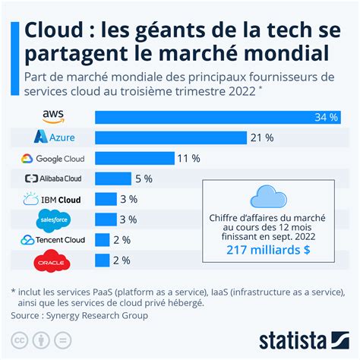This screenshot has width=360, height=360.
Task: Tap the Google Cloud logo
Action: tap(53, 158)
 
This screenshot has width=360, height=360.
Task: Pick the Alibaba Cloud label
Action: tap(54, 178)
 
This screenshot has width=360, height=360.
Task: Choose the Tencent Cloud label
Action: tap(53, 241)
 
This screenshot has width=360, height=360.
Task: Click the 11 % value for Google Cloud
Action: tap(188, 158)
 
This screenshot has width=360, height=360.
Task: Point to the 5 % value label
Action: tap(143, 178)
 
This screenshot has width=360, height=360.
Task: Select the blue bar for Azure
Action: tap(171, 137)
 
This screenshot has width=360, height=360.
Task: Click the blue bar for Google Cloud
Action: tap(133, 158)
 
